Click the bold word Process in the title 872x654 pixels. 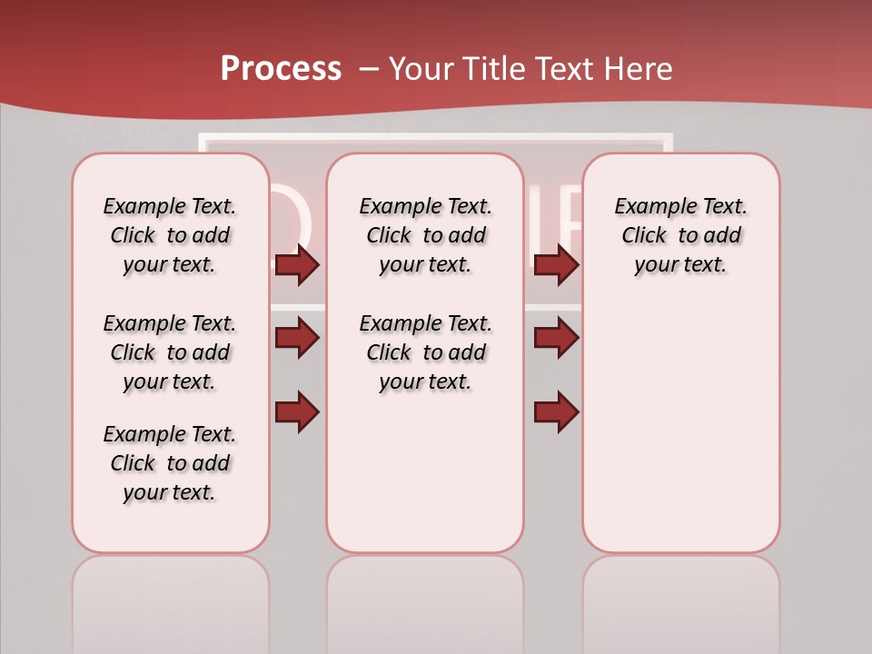click(x=281, y=69)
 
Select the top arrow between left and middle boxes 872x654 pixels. click(x=297, y=265)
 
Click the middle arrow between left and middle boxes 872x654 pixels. click(x=297, y=338)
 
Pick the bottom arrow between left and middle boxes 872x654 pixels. click(x=297, y=412)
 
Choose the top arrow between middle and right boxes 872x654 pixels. click(x=556, y=265)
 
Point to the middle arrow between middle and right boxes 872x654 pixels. click(x=556, y=338)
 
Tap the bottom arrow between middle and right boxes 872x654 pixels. click(x=556, y=412)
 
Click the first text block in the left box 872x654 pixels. click(x=170, y=235)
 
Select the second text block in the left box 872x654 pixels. click(x=170, y=352)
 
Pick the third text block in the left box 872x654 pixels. click(x=170, y=463)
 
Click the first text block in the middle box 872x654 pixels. click(x=425, y=235)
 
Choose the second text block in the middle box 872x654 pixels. click(x=425, y=352)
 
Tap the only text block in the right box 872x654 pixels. click(x=680, y=235)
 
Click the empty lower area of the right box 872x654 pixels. click(x=680, y=427)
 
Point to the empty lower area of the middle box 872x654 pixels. click(x=425, y=472)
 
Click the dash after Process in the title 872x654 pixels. click(x=369, y=69)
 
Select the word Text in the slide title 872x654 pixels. click(x=562, y=69)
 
